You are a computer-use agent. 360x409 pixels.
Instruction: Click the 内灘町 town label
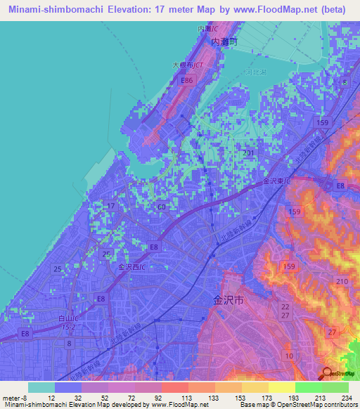point(226,42)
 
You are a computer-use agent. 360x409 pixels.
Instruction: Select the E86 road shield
point(186,82)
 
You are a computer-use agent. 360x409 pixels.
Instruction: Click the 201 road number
point(247,152)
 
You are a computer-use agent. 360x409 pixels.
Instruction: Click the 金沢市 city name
point(229,299)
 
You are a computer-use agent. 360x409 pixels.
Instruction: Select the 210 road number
point(342,282)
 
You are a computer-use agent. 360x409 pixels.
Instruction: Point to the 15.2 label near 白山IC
point(67,327)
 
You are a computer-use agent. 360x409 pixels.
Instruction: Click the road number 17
point(109,205)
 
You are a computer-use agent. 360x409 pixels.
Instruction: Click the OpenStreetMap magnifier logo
point(328,374)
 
